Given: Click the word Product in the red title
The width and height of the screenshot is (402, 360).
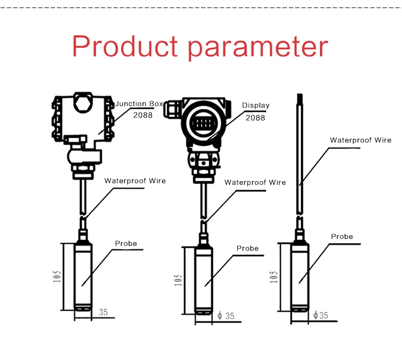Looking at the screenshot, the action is tap(125, 46).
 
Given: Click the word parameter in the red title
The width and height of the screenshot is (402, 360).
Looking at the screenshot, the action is tap(258, 48).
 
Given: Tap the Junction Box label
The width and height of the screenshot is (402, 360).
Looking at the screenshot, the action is tap(139, 103).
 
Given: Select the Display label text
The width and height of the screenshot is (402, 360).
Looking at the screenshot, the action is tap(256, 106).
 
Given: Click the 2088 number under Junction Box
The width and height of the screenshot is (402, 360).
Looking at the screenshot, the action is tap(143, 115).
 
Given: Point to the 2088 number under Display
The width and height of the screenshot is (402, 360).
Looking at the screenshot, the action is tap(255, 118).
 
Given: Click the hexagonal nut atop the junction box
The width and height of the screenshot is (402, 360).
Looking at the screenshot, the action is tap(83, 102).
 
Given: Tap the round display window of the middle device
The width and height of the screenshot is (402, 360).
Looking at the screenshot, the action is tap(204, 124).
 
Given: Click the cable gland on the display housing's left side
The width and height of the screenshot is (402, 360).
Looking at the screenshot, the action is tap(172, 109).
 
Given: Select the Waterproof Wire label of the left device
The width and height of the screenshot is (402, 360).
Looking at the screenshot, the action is tap(135, 181).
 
